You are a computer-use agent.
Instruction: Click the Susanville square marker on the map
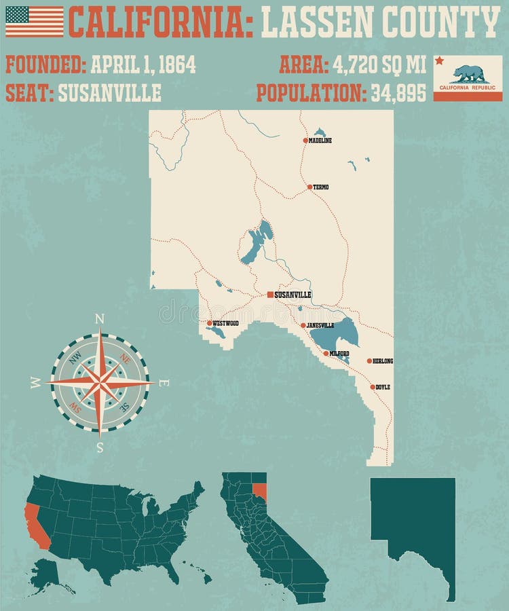point(270,295)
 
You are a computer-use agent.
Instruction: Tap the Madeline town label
point(320,141)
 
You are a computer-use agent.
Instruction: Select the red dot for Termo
point(309,187)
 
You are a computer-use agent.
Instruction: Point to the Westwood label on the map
point(226,323)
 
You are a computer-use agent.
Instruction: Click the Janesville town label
point(320,326)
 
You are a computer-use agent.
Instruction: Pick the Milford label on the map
point(339,354)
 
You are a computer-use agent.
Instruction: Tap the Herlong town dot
point(369,361)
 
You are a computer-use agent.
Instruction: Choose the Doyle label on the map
point(383,387)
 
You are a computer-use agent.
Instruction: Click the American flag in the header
point(34,21)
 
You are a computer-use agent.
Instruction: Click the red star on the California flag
point(439,61)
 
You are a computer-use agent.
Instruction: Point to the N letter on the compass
point(100,318)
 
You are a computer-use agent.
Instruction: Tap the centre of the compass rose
point(100,383)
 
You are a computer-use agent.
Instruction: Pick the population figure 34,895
point(398,93)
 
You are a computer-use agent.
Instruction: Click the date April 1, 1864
point(143,64)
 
